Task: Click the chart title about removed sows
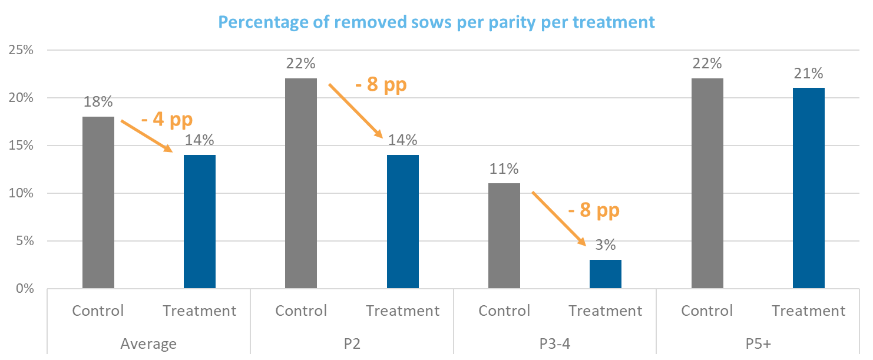pyautogui.click(x=436, y=22)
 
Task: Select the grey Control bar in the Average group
pyautogui.click(x=98, y=203)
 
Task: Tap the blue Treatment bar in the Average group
pyautogui.click(x=200, y=222)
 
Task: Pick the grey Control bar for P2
pyautogui.click(x=300, y=183)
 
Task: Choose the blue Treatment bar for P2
pyautogui.click(x=403, y=222)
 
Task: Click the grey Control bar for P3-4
pyautogui.click(x=504, y=236)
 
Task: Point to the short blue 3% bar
pyautogui.click(x=606, y=274)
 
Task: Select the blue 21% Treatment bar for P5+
pyautogui.click(x=809, y=188)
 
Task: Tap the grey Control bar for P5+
pyautogui.click(x=707, y=183)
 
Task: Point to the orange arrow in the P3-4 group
pyautogui.click(x=559, y=218)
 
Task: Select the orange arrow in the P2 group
pyautogui.click(x=355, y=110)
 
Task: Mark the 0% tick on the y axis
pyautogui.click(x=24, y=289)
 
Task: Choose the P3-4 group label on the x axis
pyautogui.click(x=555, y=343)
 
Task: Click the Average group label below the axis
pyautogui.click(x=148, y=343)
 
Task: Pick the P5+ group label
pyautogui.click(x=758, y=343)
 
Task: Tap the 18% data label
pyautogui.click(x=98, y=102)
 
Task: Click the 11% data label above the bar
pyautogui.click(x=504, y=169)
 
